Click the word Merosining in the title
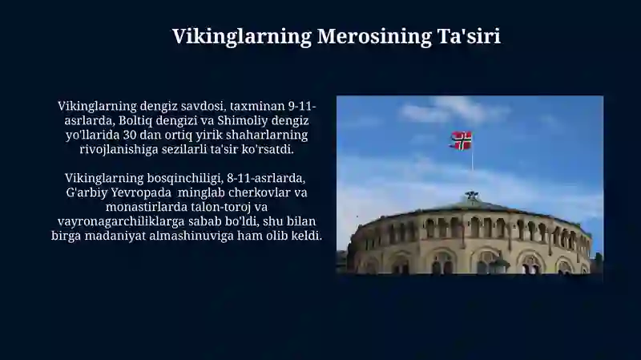(x=374, y=37)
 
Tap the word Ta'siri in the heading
(x=469, y=36)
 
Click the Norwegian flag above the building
(x=461, y=140)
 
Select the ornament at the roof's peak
(x=472, y=196)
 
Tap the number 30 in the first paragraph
(x=130, y=135)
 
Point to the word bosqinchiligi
(x=185, y=179)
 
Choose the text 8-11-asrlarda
(x=266, y=178)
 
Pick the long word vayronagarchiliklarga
(x=121, y=222)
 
